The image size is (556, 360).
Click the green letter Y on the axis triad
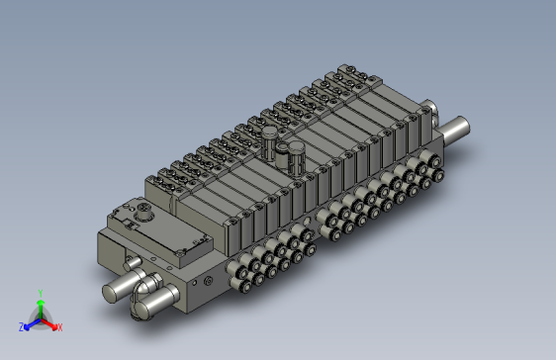click(x=40, y=293)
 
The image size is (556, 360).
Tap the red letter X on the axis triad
click(x=59, y=326)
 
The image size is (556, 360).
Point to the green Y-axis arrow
click(x=40, y=307)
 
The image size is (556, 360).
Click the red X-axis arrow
click(x=49, y=322)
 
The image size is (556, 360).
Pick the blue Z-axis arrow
click(x=31, y=322)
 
